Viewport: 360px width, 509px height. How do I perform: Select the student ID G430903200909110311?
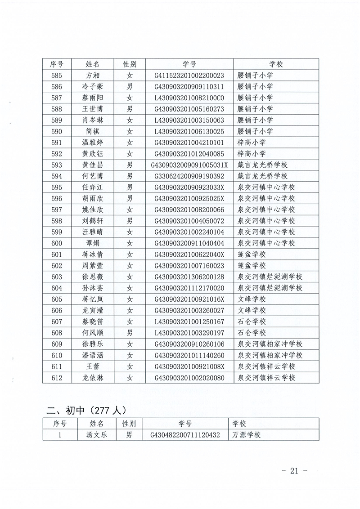[189, 87]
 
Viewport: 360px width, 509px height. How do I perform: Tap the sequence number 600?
[57, 243]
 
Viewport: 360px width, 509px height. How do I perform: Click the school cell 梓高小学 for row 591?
[252, 143]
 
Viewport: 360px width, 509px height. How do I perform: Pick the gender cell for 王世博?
[130, 109]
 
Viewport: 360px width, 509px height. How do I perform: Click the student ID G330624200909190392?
[189, 176]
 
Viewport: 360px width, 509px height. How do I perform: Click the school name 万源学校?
[247, 435]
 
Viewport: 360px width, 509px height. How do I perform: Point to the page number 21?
[294, 471]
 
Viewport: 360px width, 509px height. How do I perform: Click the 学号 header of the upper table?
[189, 64]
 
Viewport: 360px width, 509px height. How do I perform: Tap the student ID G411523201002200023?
[189, 76]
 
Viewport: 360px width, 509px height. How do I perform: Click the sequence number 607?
[57, 322]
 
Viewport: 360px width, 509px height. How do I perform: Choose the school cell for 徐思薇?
[270, 277]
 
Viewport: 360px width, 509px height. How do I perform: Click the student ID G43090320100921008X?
[189, 366]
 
